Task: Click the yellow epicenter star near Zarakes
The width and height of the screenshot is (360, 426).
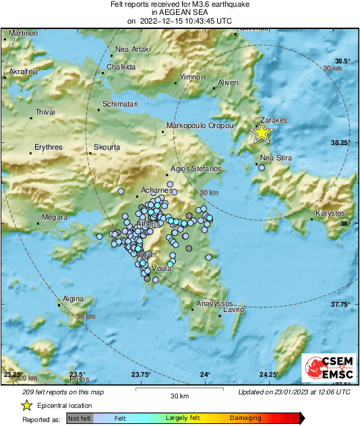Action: click(x=262, y=133)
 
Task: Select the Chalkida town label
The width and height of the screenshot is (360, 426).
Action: click(x=121, y=67)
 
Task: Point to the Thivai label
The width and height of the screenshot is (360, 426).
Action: click(x=44, y=112)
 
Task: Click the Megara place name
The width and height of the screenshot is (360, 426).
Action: click(x=55, y=217)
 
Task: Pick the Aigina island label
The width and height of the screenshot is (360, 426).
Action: click(x=73, y=299)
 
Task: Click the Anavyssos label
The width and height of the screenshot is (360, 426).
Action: click(x=214, y=304)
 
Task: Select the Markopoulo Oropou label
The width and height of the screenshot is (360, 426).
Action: click(x=200, y=126)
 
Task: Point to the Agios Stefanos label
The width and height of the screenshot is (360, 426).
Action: click(x=196, y=168)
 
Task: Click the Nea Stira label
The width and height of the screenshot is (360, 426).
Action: click(x=276, y=158)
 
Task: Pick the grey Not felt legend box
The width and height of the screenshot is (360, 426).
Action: click(x=80, y=419)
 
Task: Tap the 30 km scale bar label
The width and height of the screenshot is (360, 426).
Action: click(x=179, y=395)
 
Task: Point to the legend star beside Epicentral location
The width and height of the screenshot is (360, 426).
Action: click(x=26, y=405)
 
